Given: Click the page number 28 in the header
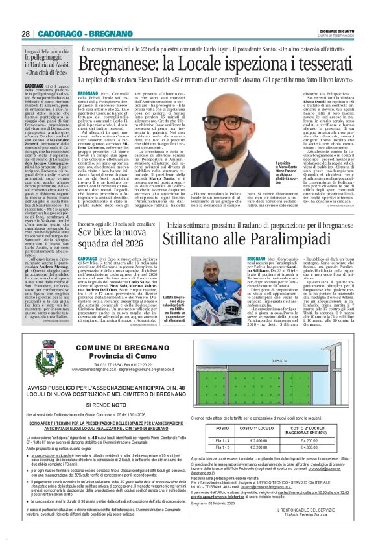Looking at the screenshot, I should (25, 34).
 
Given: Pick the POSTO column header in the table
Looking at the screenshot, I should (222, 429).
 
